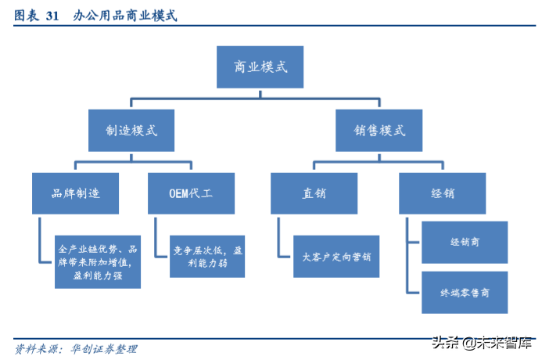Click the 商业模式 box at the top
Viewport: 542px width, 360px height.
261,67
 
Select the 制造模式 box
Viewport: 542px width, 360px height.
131,130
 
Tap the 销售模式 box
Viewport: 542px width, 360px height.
380,130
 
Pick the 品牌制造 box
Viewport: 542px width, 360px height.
76,193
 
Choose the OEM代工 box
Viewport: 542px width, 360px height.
191,193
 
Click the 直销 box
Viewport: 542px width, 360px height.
314,193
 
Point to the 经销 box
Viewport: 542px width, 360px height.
442,193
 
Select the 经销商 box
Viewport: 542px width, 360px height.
465,243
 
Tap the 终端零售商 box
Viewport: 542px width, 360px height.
465,293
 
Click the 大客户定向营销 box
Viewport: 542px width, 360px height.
336,256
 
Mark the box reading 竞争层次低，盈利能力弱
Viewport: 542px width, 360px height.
208,257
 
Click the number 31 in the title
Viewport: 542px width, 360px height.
52,15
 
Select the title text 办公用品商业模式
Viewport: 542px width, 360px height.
125,15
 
